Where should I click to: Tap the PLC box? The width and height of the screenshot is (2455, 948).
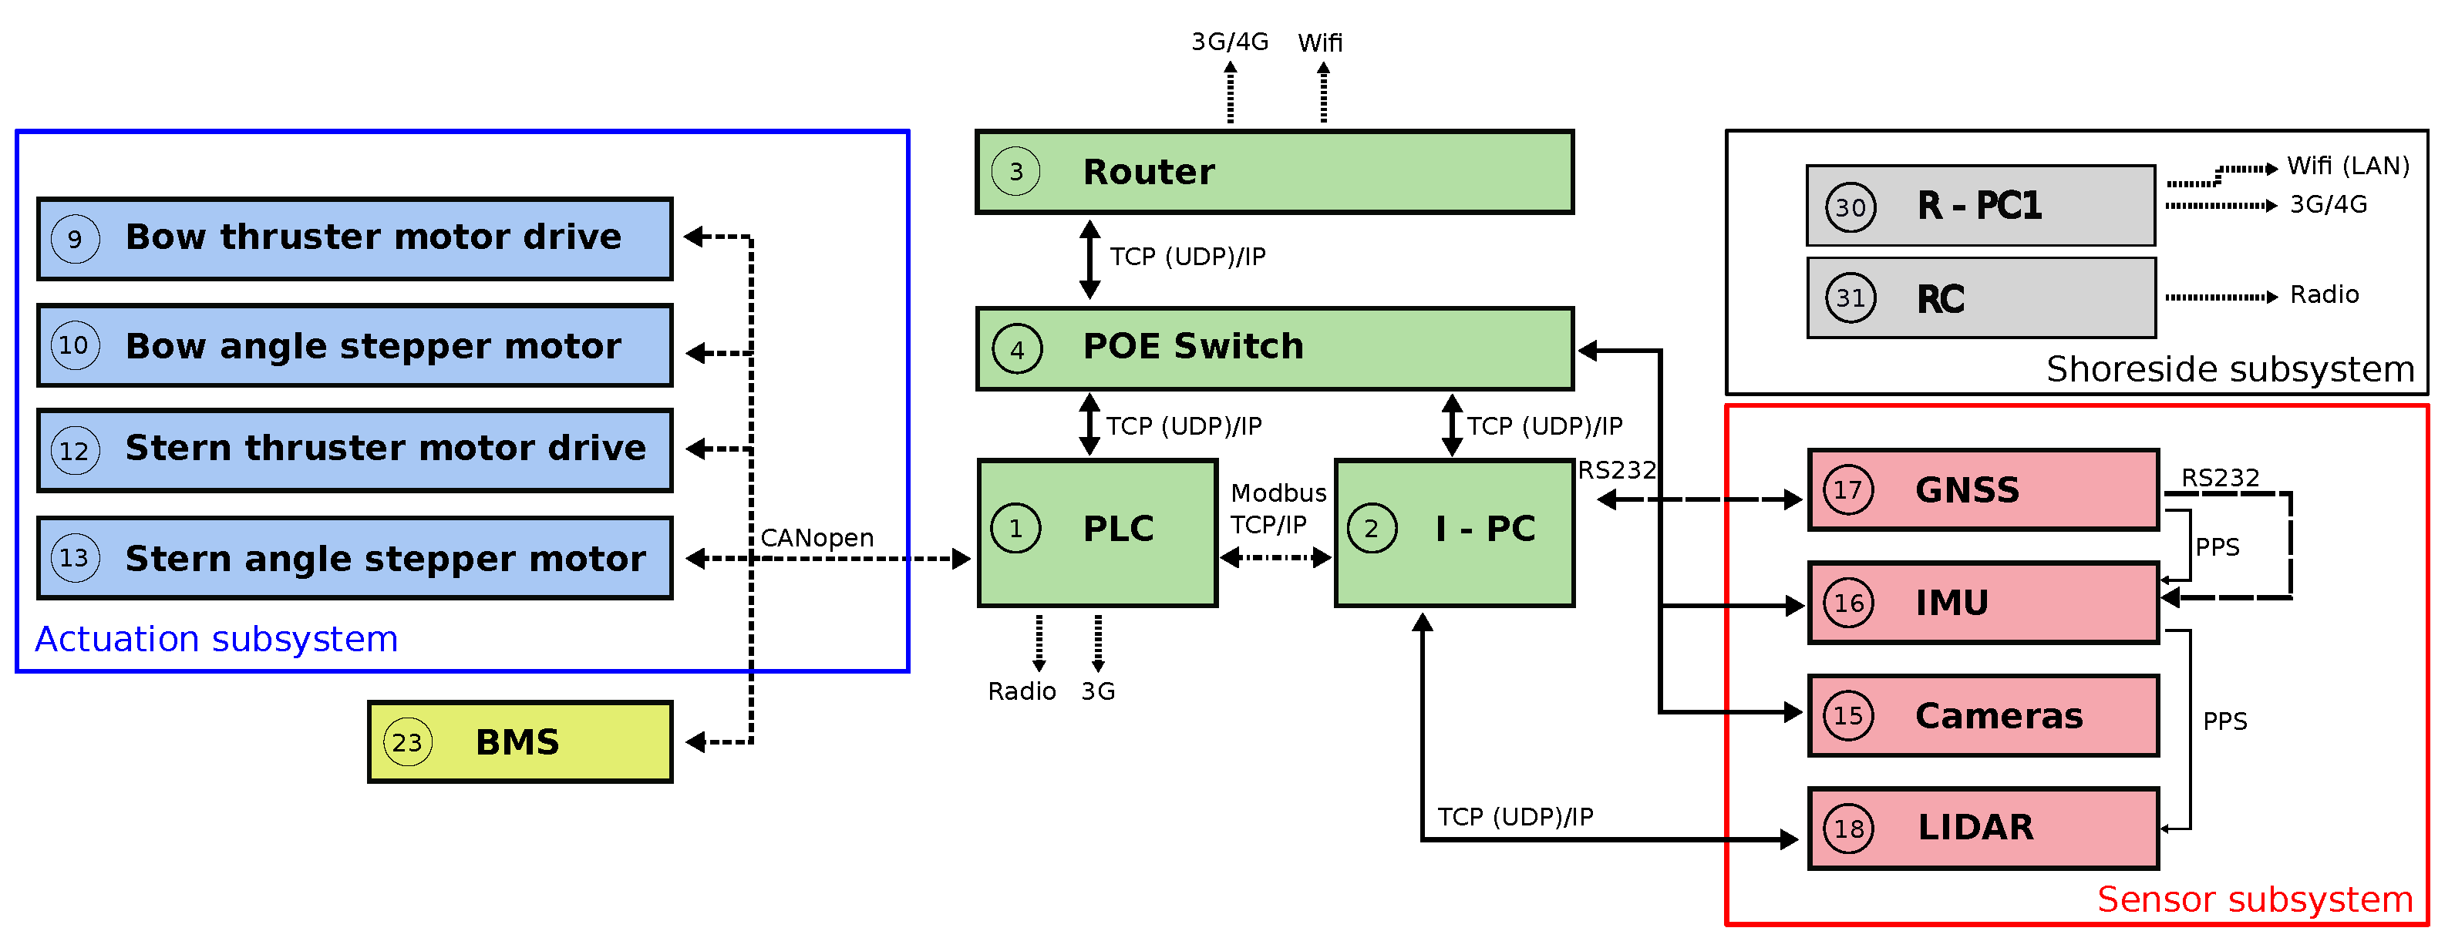1097,532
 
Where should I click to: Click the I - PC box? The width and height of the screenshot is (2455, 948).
1453,532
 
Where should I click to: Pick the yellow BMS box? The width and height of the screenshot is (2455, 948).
520,741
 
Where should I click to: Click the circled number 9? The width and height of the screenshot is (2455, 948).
74,238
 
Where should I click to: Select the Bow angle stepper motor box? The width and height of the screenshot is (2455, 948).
355,345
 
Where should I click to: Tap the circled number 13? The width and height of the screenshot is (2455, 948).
74,557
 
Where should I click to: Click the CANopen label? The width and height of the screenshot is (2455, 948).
817,537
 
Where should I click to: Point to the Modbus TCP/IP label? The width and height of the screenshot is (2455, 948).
1276,509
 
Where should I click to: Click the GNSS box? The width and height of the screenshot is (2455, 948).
1982,489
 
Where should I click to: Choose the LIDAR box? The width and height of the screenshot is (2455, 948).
1982,827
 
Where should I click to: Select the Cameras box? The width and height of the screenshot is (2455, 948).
1982,715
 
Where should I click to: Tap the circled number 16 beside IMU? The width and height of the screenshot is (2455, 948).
1848,602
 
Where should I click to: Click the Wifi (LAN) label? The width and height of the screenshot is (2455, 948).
2347,166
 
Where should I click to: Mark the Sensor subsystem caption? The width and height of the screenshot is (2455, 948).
2254,899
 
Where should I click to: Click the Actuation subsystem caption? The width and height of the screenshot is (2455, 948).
217,638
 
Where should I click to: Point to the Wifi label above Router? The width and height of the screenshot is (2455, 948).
1320,43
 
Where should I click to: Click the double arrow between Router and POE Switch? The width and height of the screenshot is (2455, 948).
1089,259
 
